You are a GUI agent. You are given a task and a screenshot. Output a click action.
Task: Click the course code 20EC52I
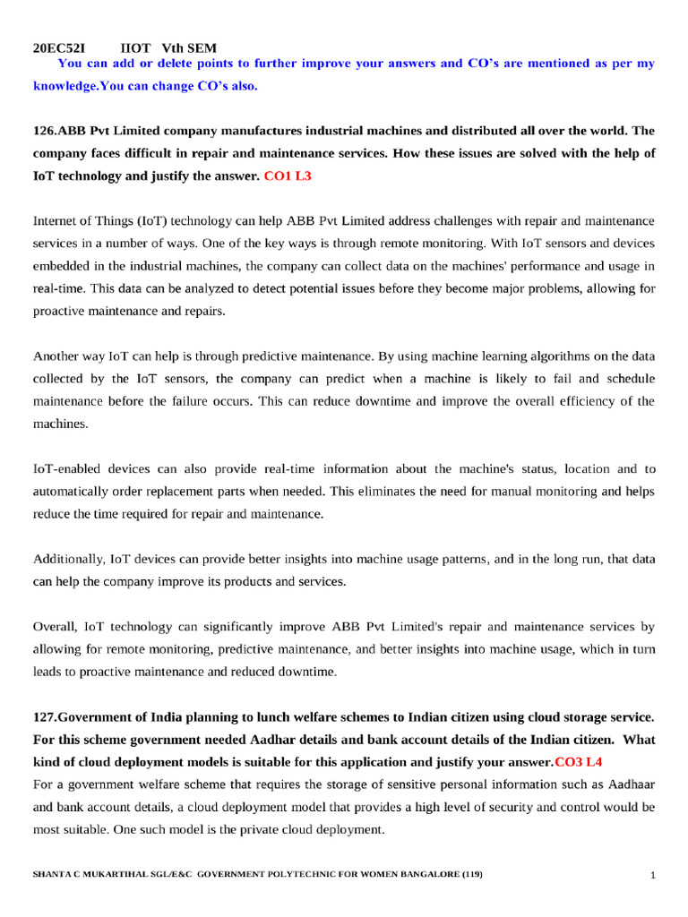click(x=59, y=47)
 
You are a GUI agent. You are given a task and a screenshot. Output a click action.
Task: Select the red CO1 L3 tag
click(x=288, y=176)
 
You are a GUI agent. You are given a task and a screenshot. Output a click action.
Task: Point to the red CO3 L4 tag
click(x=579, y=762)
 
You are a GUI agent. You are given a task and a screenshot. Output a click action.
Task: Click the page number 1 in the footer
click(x=653, y=875)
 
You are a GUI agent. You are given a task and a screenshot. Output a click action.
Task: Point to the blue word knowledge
click(x=65, y=86)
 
